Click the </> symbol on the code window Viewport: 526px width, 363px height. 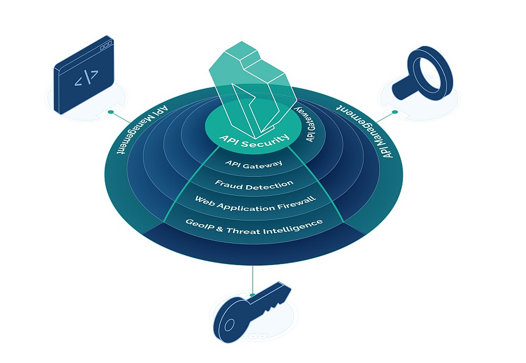coord(86,77)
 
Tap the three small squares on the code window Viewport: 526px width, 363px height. coord(106,45)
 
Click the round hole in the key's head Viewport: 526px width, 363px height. coord(229,325)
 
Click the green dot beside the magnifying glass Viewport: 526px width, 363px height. coord(395,112)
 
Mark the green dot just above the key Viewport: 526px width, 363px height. coord(252,295)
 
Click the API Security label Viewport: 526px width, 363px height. coord(254,140)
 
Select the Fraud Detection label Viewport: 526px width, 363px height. coord(254,185)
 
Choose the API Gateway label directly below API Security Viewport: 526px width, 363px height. coord(254,164)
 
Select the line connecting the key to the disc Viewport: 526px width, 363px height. coord(252,279)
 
